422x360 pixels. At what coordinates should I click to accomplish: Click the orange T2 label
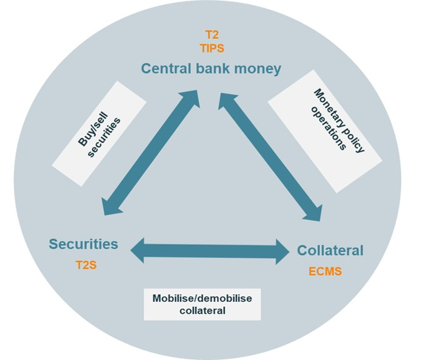(x=211, y=36)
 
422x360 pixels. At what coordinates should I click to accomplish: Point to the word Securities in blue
(x=84, y=244)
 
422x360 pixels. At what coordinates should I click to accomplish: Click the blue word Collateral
(x=330, y=250)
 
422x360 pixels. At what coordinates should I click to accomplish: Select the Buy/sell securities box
(x=100, y=128)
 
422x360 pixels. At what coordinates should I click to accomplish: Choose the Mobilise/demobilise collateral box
(x=202, y=304)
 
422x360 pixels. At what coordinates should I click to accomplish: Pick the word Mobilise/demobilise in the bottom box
(x=202, y=298)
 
